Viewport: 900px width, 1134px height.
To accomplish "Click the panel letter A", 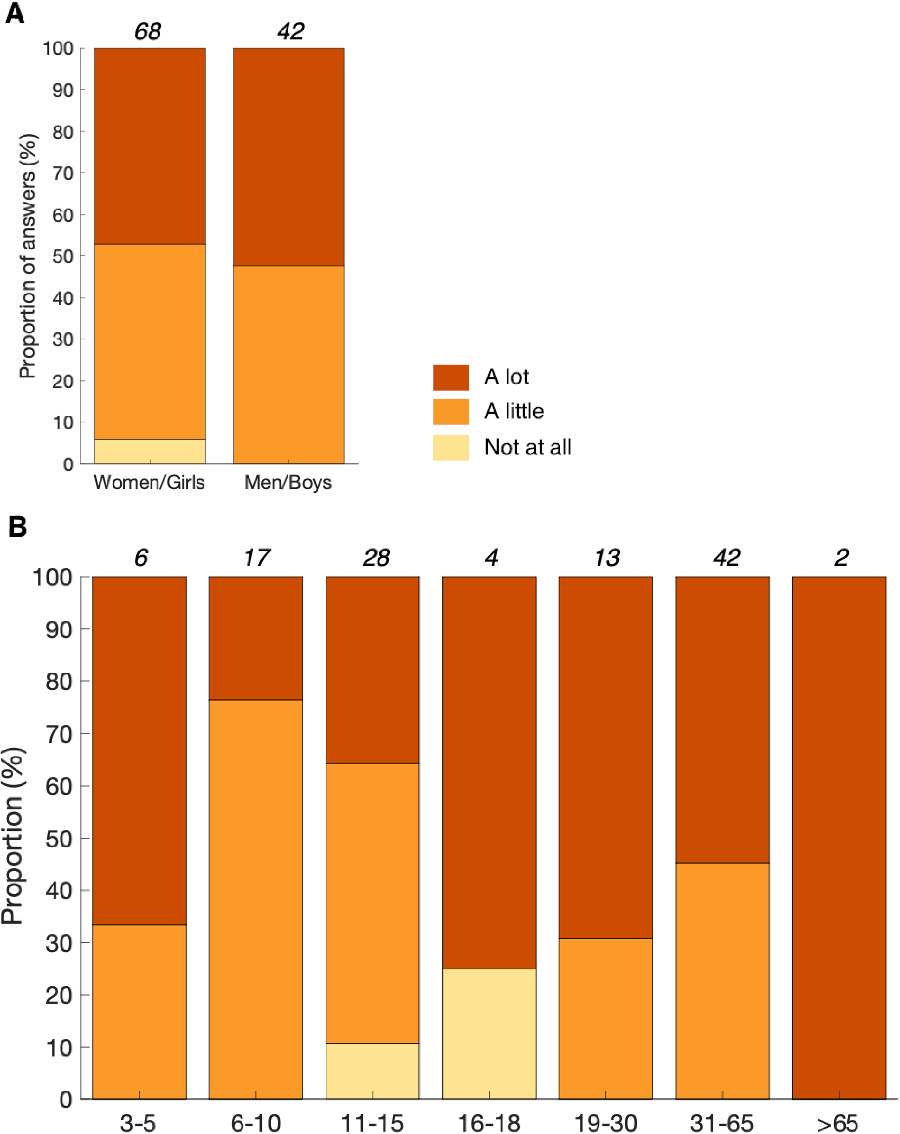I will (x=15, y=14).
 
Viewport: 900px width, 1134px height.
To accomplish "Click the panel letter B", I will (x=18, y=526).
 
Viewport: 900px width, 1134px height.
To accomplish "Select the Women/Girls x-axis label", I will (x=149, y=482).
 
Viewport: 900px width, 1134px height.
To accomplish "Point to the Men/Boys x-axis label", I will (x=288, y=482).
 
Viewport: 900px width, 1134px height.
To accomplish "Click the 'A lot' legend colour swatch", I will (x=451, y=377).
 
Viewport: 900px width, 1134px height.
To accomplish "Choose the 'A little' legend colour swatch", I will (x=451, y=411).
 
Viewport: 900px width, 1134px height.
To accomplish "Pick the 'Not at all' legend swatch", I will (x=451, y=447).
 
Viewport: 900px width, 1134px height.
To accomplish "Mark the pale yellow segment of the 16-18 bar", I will (x=489, y=1033).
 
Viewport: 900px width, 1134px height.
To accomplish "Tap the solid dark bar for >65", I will (x=839, y=836).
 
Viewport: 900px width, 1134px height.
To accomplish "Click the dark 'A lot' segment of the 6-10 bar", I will (x=256, y=637).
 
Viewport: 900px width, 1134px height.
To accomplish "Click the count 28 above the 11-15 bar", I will (x=376, y=557).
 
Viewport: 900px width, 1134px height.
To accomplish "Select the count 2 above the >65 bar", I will (x=841, y=557).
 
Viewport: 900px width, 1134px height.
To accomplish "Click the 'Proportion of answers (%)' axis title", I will (x=27, y=256).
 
